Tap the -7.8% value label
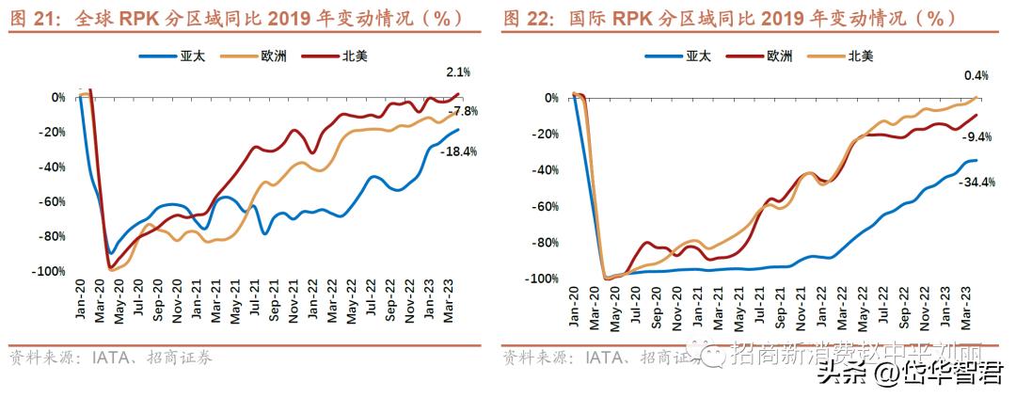pyautogui.click(x=462, y=111)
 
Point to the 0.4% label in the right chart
pyautogui.click(x=976, y=75)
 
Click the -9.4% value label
pyautogui.click(x=976, y=136)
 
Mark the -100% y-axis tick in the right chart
pyautogui.click(x=544, y=279)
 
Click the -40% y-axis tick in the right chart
pyautogui.click(x=547, y=170)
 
